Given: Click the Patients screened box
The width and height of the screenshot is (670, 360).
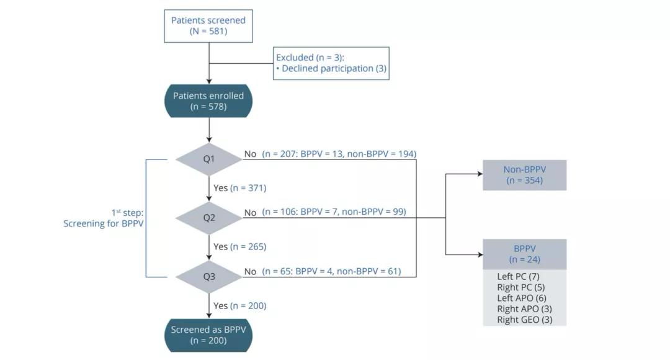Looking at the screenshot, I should pyautogui.click(x=208, y=25).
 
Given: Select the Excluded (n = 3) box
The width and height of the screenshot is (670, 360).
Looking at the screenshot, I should pyautogui.click(x=331, y=63).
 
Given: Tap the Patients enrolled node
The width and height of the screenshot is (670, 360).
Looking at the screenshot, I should pyautogui.click(x=208, y=101).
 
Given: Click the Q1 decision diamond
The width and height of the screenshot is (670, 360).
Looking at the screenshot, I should pyautogui.click(x=208, y=160).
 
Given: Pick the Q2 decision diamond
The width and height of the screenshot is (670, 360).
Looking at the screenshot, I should pyautogui.click(x=208, y=218).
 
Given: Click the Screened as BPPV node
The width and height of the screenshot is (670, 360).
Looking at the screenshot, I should pyautogui.click(x=208, y=335).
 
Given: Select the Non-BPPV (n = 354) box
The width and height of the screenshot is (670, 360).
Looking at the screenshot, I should pyautogui.click(x=524, y=174).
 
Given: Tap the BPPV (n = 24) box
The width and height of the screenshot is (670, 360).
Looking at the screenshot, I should pyautogui.click(x=524, y=254).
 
